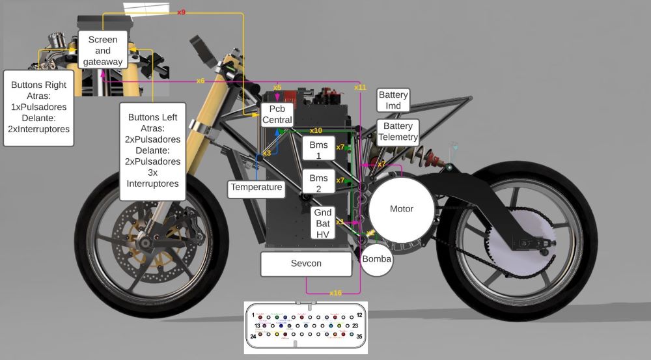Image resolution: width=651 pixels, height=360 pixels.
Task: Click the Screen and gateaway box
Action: (x=103, y=50)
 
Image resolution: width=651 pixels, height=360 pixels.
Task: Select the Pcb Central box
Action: (x=277, y=115)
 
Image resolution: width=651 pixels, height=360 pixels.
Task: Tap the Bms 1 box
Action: (x=318, y=149)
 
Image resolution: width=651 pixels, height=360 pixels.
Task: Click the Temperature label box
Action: (x=256, y=187)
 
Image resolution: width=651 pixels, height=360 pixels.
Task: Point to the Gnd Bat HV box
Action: (x=322, y=223)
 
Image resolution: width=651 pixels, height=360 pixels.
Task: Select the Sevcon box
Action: (x=306, y=264)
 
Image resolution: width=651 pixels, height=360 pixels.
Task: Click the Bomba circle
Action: (x=377, y=259)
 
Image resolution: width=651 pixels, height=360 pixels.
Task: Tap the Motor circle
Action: (x=402, y=209)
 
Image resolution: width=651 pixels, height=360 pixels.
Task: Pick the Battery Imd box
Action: (x=393, y=100)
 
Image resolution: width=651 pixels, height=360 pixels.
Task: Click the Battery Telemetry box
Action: (x=398, y=132)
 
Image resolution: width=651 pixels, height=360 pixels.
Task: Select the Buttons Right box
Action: (x=38, y=107)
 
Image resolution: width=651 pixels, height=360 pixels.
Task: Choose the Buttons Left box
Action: (x=154, y=151)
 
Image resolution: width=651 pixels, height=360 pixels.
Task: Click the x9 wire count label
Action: (x=182, y=12)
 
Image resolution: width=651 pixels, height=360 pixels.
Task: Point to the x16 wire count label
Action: (x=335, y=293)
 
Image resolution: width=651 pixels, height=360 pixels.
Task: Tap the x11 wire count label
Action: (x=360, y=87)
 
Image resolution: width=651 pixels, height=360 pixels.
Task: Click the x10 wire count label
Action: (x=316, y=130)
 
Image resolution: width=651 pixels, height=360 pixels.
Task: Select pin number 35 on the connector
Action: (x=359, y=337)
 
